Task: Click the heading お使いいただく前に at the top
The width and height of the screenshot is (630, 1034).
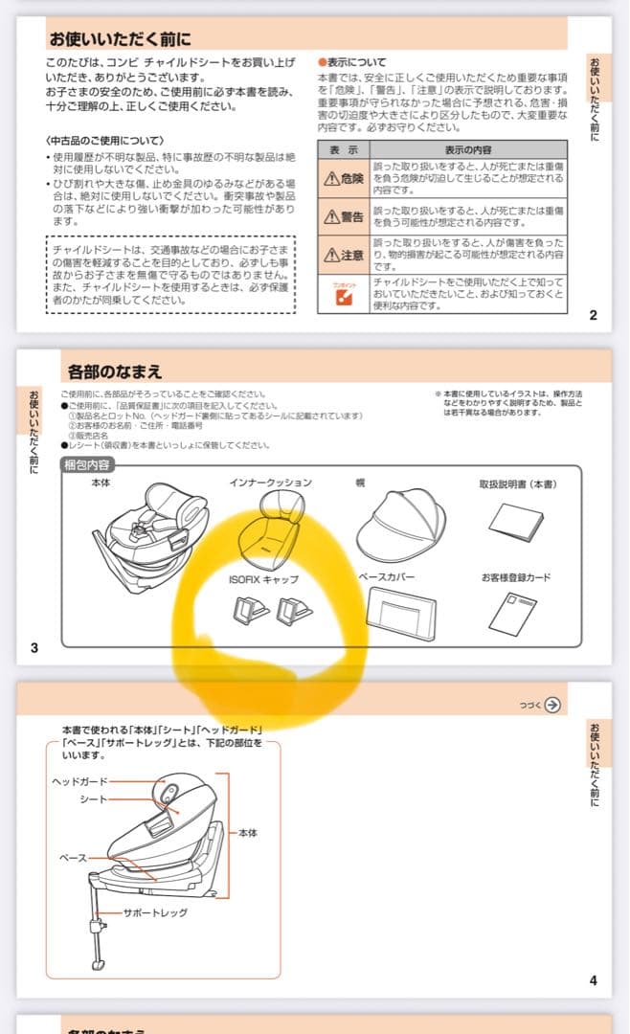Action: (x=120, y=39)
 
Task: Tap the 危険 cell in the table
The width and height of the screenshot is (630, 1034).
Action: (x=343, y=179)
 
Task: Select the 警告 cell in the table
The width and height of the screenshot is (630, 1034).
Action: (x=343, y=217)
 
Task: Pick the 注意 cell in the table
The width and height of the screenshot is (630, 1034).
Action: (x=343, y=255)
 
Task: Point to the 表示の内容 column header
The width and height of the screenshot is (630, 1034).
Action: (x=468, y=149)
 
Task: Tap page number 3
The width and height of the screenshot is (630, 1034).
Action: (x=34, y=648)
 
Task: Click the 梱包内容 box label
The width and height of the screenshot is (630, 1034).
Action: (x=87, y=465)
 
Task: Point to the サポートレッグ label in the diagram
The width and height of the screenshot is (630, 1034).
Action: (x=155, y=912)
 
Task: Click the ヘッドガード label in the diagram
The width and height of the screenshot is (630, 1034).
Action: (x=80, y=781)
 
